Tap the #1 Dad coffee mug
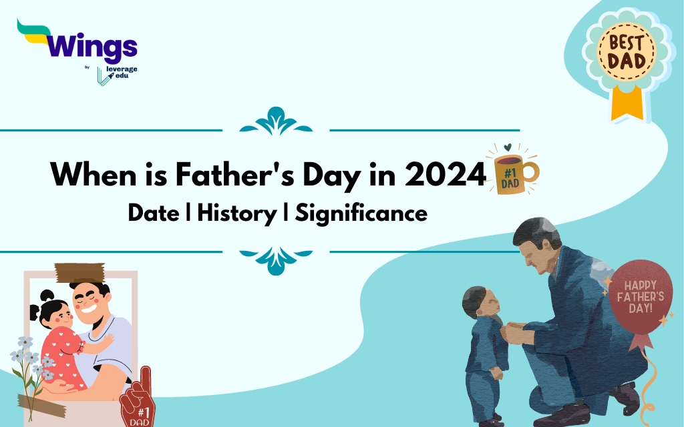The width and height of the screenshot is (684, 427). [x=514, y=173]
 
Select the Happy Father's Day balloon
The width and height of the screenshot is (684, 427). [x=641, y=297]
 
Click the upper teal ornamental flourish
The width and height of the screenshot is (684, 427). [x=276, y=121]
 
